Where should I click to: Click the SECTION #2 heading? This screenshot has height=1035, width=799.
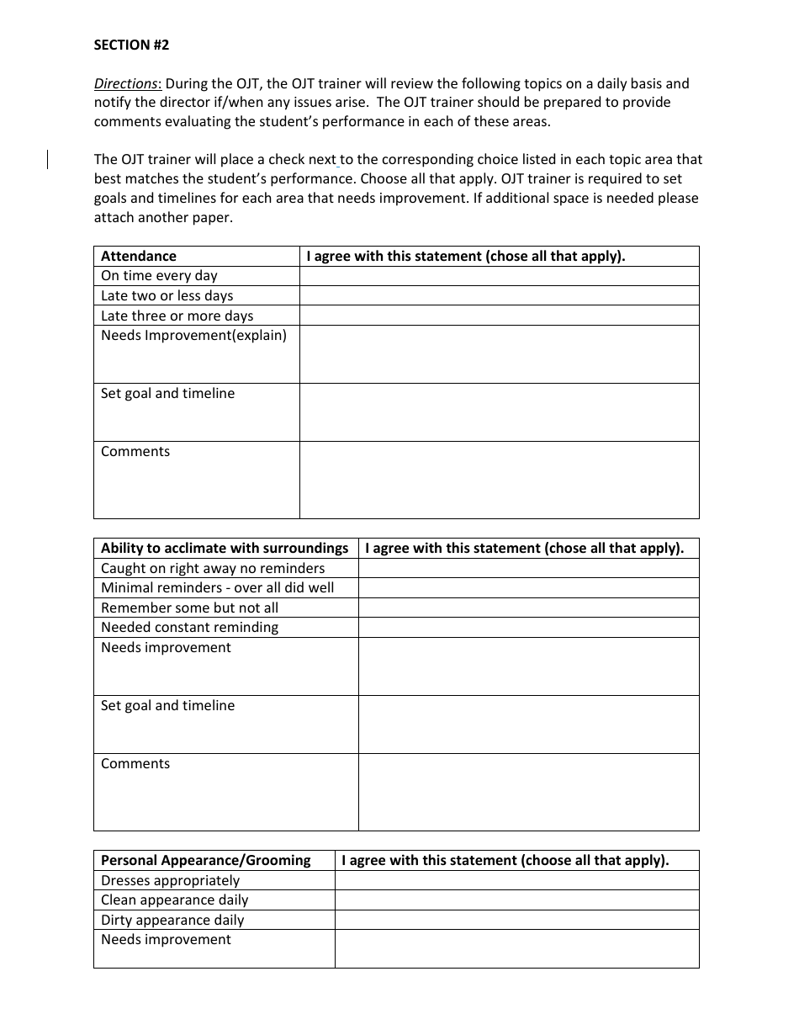131,45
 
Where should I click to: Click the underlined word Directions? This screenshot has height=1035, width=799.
126,83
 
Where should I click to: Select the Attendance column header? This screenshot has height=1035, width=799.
139,257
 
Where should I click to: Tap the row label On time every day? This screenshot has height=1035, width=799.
159,276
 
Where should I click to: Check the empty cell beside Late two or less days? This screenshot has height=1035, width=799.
499,295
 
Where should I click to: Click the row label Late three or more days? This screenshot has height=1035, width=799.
177,316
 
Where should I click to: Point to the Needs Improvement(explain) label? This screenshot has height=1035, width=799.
193,336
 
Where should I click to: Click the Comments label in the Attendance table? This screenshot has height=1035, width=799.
135,452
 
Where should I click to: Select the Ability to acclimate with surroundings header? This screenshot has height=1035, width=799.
225,549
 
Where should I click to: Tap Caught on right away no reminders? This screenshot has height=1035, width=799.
213,569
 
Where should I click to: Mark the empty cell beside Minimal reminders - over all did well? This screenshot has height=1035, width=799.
528,588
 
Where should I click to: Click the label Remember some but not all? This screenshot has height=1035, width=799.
189,608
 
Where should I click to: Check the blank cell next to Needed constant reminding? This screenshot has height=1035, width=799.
528,628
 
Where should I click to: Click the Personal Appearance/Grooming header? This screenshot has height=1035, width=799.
206,861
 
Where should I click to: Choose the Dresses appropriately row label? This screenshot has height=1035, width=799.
171,881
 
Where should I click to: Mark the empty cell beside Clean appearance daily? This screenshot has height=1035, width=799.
516,900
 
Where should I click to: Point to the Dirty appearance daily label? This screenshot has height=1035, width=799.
172,921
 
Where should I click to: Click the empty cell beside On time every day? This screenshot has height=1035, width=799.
499,276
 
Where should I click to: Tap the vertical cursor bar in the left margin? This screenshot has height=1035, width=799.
47,159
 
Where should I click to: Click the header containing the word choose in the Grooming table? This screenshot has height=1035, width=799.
505,861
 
